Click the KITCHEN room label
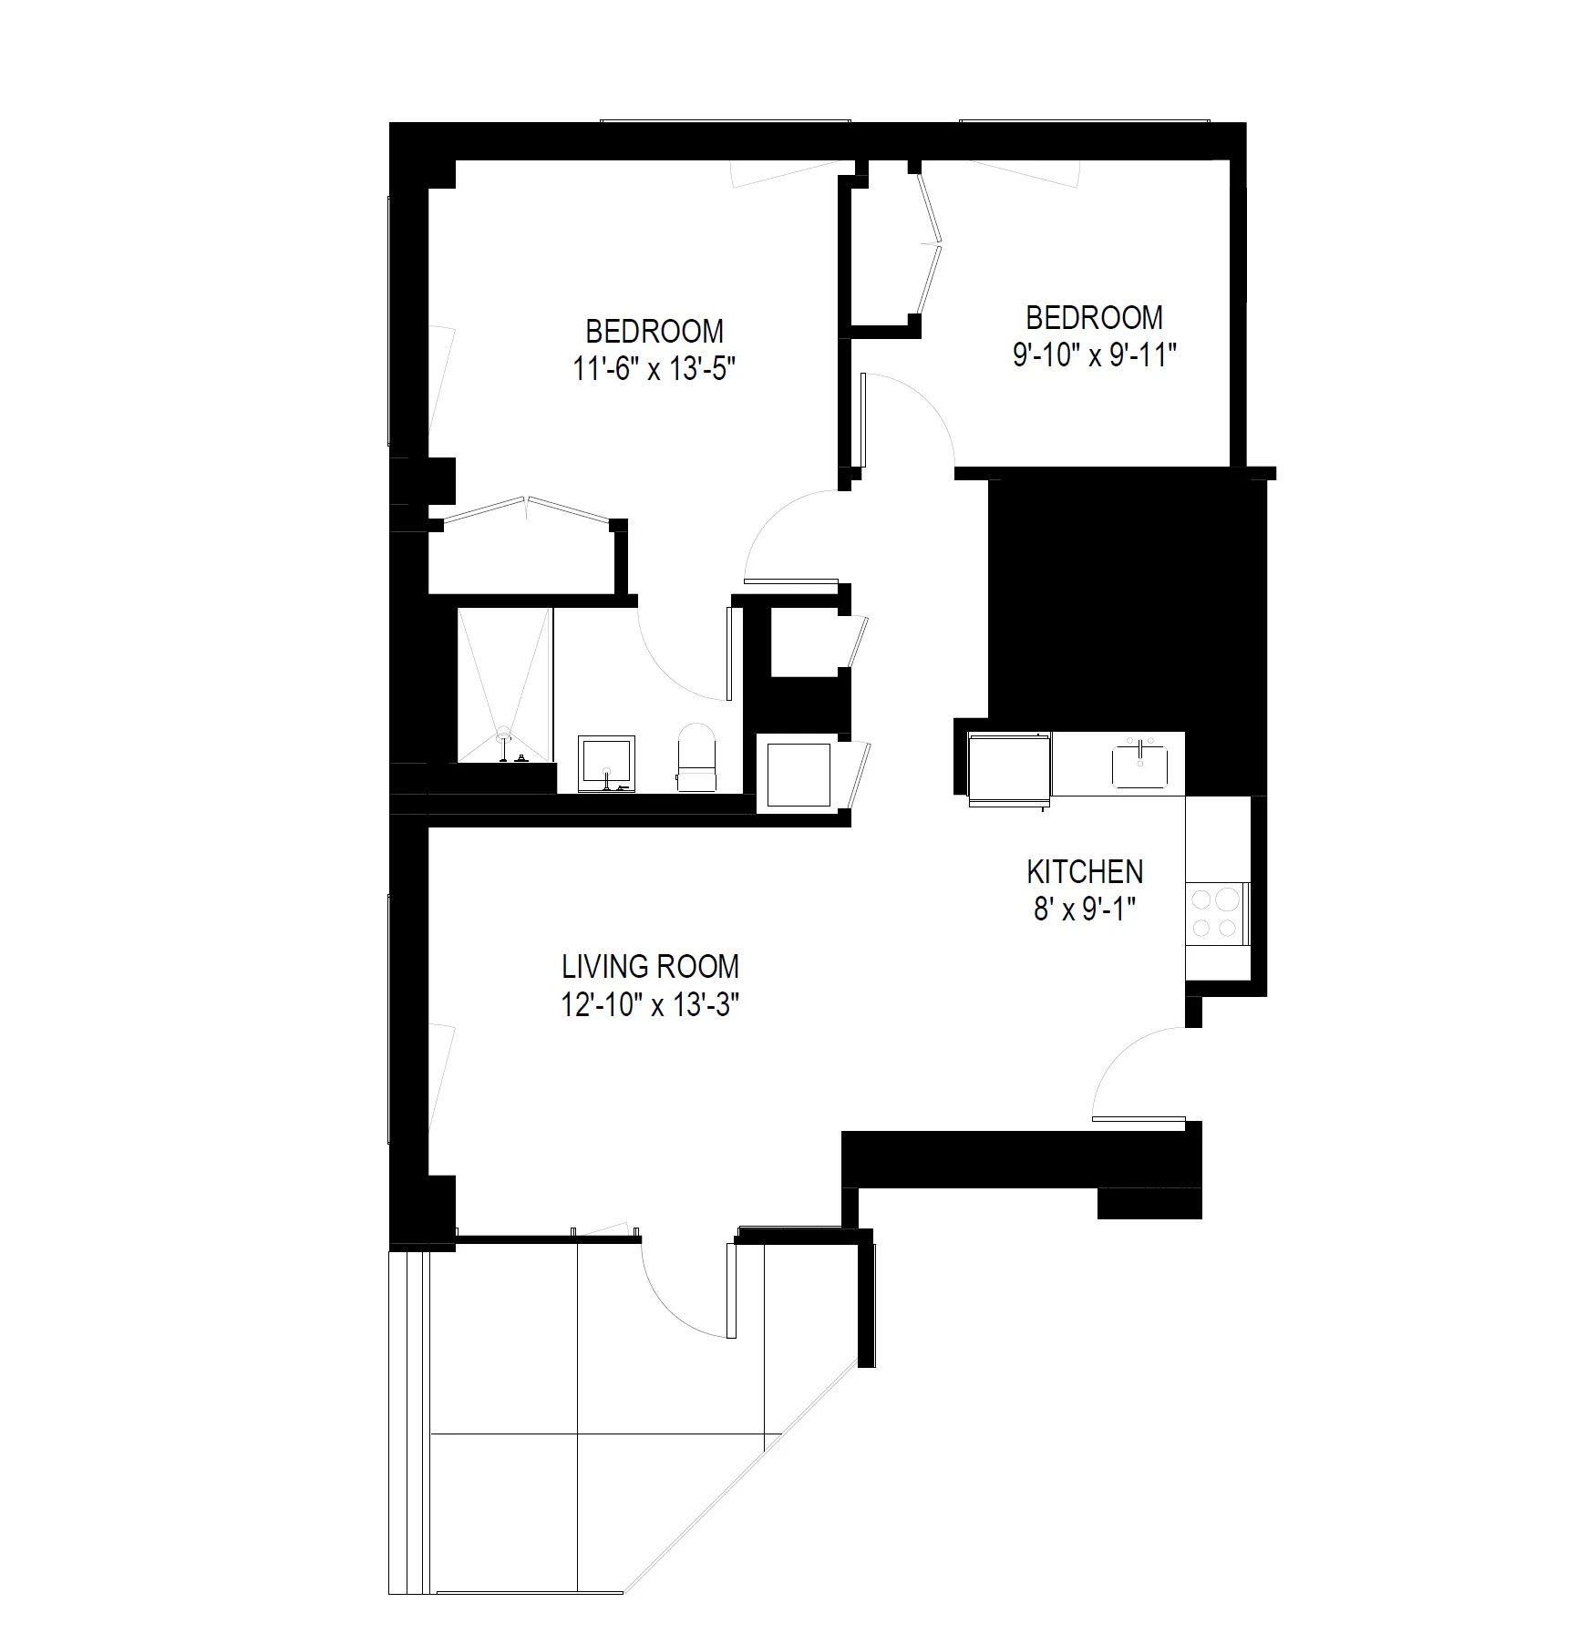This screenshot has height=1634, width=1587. point(1084,872)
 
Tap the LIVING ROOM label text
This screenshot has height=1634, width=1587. point(649,966)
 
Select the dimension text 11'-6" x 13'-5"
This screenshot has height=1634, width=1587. point(654,369)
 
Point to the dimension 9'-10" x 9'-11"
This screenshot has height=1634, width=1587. point(1095,355)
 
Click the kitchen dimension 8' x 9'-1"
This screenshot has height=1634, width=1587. point(1084,909)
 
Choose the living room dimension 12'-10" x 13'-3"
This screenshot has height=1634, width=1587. point(649,1004)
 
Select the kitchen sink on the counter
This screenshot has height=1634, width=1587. point(1139,766)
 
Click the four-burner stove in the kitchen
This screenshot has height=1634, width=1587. point(1218,914)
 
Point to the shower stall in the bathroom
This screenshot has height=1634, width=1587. point(504,683)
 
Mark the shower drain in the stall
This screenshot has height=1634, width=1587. point(503,732)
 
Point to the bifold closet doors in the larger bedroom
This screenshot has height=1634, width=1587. point(527,510)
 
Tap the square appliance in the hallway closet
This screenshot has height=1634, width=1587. point(799,775)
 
